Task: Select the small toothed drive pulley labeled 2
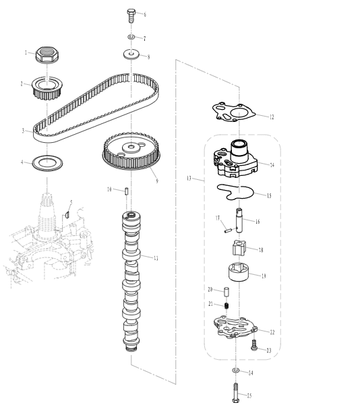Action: pos(47,87)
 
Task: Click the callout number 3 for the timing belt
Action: pos(23,130)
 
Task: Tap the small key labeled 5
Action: pos(67,214)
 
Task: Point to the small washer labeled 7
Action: pos(131,36)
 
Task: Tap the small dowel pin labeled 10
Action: pos(127,191)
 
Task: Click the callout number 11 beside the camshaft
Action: pos(156,258)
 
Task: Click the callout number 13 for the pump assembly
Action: pos(189,180)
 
